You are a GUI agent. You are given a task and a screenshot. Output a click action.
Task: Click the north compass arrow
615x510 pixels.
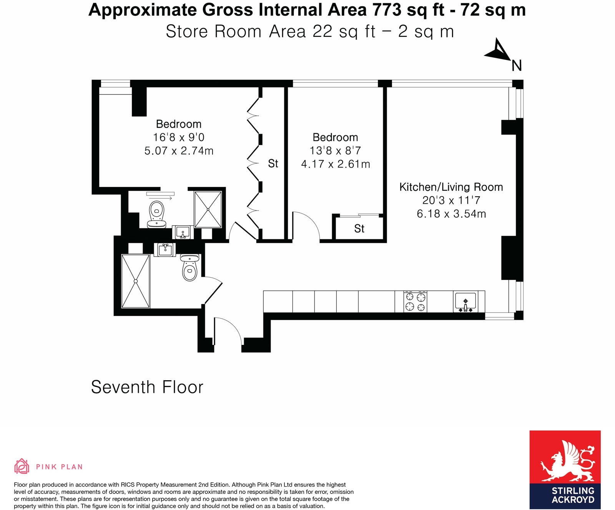pos(498,51)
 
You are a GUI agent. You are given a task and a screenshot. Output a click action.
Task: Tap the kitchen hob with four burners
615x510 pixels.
pos(415,301)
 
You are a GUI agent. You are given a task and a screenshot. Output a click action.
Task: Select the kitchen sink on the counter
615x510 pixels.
pos(465,302)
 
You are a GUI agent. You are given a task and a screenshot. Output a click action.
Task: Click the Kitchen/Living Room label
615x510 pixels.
pos(451,187)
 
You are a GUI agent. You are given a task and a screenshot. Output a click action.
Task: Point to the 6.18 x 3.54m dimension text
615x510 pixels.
pos(451,214)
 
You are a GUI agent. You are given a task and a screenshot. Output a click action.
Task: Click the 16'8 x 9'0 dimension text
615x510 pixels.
pos(179,137)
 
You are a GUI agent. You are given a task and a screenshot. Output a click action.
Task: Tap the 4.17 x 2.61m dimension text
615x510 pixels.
pos(335,164)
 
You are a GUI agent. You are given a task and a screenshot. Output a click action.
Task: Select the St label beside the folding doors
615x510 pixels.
pos(273,164)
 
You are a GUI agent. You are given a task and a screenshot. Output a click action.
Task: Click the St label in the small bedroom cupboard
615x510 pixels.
pos(359,229)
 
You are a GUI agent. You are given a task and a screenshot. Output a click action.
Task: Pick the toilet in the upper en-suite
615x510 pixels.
pos(156,214)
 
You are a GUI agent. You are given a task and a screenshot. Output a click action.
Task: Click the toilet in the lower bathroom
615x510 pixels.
pos(189,267)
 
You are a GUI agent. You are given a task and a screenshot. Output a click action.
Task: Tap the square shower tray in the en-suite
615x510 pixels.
pos(208,210)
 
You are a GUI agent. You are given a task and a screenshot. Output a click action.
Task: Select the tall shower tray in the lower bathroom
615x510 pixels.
pos(135,281)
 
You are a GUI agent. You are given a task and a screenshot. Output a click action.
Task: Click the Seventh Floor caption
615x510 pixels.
pos(147,387)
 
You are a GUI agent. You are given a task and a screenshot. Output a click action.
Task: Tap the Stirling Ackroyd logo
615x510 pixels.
pos(565,469)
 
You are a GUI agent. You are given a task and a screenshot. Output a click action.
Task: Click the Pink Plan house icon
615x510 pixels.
pos(22,466)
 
